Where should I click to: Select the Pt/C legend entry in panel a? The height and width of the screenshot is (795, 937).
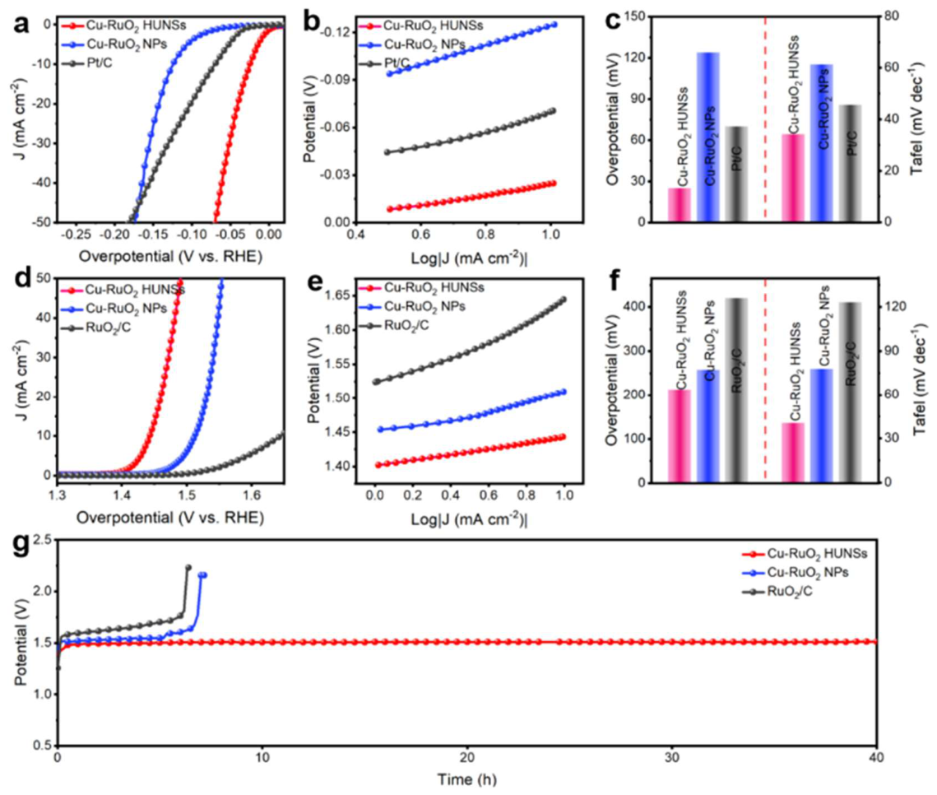(x=86, y=63)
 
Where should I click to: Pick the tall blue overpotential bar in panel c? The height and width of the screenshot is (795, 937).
(x=708, y=137)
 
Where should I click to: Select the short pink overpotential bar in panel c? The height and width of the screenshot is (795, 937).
(x=680, y=205)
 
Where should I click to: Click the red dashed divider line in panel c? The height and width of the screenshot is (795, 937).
(x=766, y=119)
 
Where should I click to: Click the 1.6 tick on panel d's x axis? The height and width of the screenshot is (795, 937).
(x=252, y=495)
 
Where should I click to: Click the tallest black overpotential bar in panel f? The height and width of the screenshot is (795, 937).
(x=737, y=390)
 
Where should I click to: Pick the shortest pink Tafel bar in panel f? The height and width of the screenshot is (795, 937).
(x=794, y=453)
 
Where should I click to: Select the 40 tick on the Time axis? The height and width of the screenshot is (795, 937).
(x=877, y=757)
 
